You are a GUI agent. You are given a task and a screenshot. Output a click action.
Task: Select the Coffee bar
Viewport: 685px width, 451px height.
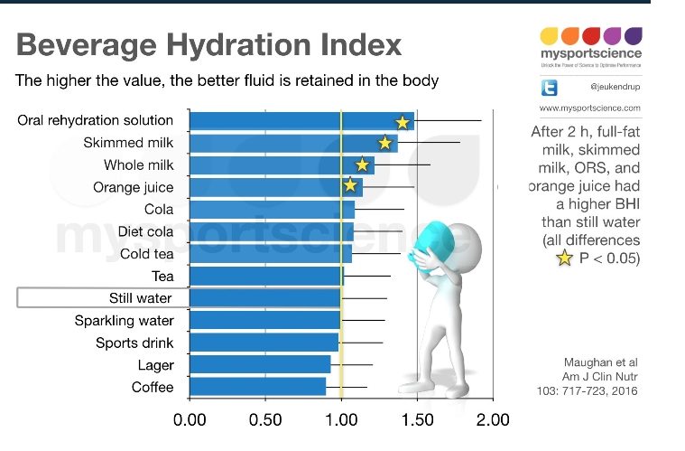[x=257, y=387]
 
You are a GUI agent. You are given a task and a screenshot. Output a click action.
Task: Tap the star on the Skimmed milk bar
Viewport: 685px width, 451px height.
[x=385, y=143]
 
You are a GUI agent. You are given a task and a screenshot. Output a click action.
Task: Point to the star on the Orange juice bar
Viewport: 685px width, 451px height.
[x=350, y=186]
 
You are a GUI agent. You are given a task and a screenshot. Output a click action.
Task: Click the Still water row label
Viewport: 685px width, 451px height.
[x=140, y=298]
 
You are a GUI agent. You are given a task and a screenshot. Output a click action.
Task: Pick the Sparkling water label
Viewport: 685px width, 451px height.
[x=125, y=321]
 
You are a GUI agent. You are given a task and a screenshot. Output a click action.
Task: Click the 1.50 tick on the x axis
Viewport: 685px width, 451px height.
[x=418, y=419]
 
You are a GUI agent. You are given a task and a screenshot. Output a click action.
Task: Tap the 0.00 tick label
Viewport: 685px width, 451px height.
[x=190, y=419]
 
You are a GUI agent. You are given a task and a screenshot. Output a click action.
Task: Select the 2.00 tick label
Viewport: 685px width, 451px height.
[x=494, y=419]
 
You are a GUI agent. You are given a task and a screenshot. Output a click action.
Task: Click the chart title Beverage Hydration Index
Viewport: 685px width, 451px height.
[x=209, y=45]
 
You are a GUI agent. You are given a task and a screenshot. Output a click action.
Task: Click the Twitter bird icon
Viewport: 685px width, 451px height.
[x=550, y=88]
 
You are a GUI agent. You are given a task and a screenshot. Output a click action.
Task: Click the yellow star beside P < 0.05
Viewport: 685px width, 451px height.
[x=564, y=258]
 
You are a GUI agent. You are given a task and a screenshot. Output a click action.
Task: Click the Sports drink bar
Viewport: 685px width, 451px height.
[x=264, y=343]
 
